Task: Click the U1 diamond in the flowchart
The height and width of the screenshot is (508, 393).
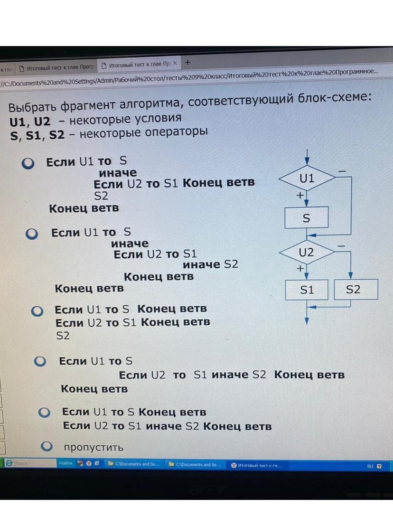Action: tap(307, 179)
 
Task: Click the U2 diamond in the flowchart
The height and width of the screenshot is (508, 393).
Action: tap(307, 253)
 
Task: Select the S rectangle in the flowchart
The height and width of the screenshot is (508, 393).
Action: tap(306, 218)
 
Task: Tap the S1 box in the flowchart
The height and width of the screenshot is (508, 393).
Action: tap(307, 290)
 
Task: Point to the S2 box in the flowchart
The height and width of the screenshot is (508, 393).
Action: tap(353, 290)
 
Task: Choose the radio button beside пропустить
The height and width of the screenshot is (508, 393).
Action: tap(47, 446)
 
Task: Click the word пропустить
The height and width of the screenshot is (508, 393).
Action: tap(94, 447)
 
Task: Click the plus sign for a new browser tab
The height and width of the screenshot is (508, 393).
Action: tap(187, 62)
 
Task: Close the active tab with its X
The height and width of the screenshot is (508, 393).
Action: tap(175, 64)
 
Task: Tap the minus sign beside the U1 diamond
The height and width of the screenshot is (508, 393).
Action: tap(342, 170)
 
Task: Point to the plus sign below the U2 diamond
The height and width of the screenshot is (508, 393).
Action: tap(299, 268)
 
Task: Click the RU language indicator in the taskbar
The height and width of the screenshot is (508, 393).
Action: tap(370, 466)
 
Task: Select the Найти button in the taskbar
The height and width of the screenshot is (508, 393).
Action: tap(65, 463)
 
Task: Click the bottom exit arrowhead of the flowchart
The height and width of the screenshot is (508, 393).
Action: tap(307, 321)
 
